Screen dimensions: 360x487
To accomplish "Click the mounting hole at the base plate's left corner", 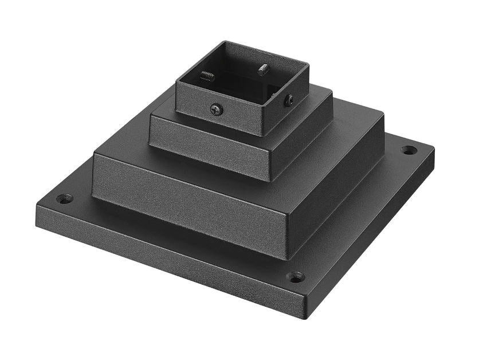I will coord(65,199).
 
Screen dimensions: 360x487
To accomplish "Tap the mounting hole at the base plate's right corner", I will coord(409,150).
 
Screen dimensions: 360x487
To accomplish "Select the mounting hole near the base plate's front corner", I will coord(295,277).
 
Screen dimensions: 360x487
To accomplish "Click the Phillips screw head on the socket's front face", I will coord(216,108).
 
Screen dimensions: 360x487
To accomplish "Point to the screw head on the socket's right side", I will coord(289,100).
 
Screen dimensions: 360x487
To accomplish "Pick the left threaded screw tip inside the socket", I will coord(207,76).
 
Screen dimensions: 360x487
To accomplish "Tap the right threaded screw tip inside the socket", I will coord(263,70).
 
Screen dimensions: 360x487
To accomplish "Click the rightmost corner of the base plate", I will coord(434,150).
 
